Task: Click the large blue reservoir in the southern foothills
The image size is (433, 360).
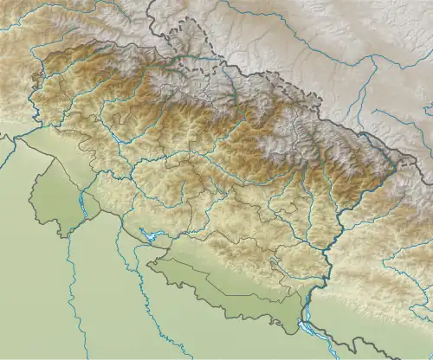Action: (x=152, y=235)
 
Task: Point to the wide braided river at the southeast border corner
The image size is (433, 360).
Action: (x=305, y=326)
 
